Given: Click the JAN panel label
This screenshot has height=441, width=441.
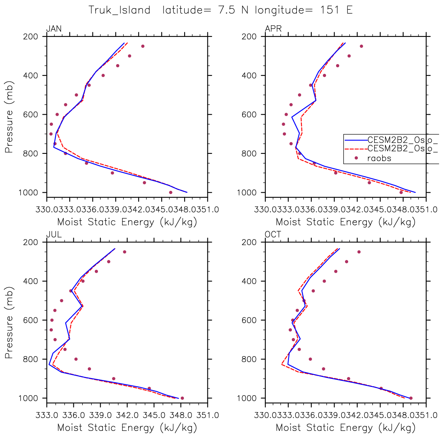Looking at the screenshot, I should [54, 29].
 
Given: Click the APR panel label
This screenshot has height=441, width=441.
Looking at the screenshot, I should [273, 29].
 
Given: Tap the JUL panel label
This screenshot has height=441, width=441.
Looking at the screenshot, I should [54, 235].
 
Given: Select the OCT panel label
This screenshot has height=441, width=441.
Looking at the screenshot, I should [273, 235].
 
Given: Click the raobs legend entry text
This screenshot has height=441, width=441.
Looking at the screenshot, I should [379, 158].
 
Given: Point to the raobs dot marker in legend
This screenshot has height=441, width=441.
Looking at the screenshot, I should [356, 158].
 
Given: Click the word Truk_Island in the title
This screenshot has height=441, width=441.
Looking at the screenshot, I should [119, 10].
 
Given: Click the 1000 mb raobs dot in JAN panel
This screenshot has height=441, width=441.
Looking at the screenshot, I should [171, 192].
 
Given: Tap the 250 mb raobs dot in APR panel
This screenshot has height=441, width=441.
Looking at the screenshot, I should [361, 46].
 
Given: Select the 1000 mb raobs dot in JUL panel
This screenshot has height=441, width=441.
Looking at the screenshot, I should [182, 398].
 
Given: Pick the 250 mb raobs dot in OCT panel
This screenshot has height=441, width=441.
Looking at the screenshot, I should [359, 252].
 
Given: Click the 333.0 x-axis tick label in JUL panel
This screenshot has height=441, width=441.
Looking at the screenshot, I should [47, 415].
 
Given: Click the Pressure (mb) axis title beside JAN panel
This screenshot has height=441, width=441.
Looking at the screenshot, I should [9, 117].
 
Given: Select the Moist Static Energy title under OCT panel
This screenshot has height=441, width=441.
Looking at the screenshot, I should [345, 428].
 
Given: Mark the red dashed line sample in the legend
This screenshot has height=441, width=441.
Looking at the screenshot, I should [356, 148].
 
